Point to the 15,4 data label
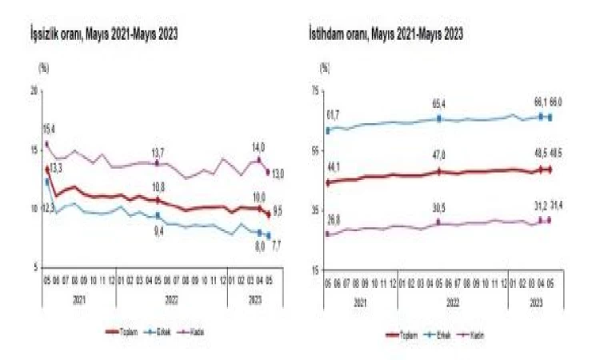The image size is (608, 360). coord(49,129)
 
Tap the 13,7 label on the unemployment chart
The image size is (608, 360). coord(158,152)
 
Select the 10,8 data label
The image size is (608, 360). coord(158,188)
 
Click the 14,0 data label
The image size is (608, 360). coord(258,147)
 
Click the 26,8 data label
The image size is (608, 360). coord(333,218)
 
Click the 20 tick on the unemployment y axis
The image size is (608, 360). coord(34,92)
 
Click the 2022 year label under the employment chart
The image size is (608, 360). coord(452,304)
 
